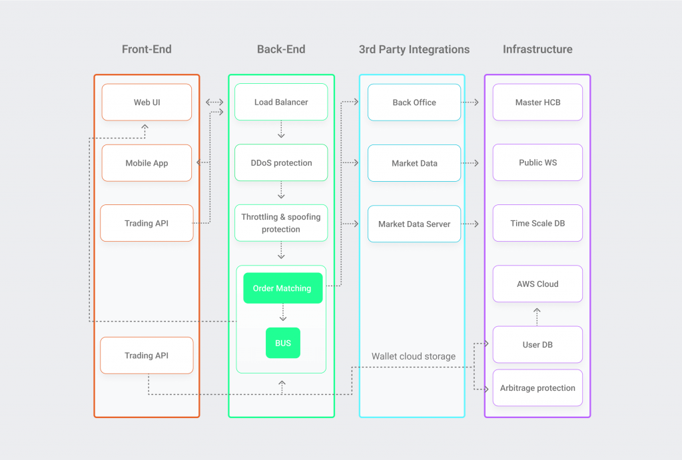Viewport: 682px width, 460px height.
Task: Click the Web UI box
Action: (147, 103)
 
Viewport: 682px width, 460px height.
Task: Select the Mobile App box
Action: (147, 163)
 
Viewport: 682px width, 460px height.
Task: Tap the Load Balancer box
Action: (281, 102)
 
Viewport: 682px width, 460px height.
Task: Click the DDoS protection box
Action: (281, 162)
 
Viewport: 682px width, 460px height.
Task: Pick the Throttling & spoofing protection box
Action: (281, 223)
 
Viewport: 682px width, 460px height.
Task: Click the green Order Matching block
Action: (282, 288)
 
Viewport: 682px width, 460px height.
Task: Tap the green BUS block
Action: (283, 343)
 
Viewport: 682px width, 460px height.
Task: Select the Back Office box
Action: (414, 103)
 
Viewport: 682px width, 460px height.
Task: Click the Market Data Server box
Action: (414, 224)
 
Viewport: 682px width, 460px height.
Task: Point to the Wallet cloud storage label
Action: (414, 356)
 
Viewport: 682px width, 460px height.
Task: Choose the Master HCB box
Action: (537, 103)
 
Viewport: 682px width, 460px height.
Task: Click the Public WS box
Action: (537, 162)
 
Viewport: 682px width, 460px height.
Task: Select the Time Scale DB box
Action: (537, 223)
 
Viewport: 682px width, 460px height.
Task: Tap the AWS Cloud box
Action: (537, 284)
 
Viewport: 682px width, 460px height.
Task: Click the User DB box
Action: (537, 344)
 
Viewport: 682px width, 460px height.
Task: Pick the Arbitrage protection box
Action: (537, 388)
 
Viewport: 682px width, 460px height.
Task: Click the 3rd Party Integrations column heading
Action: (414, 49)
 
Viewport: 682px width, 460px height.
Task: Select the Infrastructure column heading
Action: (537, 49)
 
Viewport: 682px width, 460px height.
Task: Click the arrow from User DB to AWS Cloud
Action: (537, 316)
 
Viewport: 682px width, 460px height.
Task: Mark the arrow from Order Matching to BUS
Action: (283, 313)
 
